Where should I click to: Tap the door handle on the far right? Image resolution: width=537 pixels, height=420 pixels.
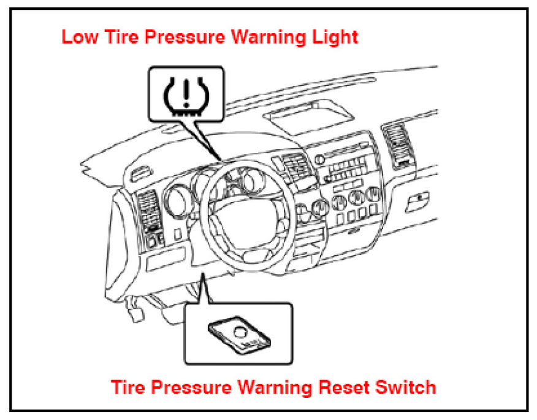420,198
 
